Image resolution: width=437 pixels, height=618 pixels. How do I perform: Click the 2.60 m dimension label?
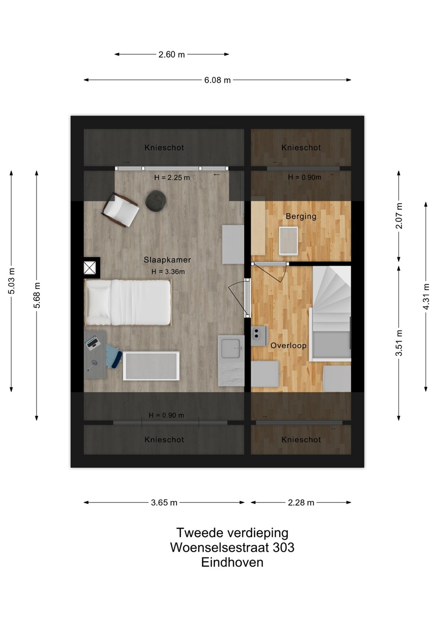point(172,55)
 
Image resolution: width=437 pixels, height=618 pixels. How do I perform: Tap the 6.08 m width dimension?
point(217,80)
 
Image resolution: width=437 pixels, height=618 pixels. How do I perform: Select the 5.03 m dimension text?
point(11,281)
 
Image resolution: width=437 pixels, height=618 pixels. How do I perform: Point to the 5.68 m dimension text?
point(36,295)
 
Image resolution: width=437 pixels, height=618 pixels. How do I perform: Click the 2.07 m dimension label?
point(399,216)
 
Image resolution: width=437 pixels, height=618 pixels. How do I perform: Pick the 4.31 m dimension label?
point(426,297)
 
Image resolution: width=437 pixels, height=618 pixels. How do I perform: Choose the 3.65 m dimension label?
point(164,503)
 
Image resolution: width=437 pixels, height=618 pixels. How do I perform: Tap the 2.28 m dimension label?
point(301,503)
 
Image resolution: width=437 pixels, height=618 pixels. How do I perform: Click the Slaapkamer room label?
point(167,260)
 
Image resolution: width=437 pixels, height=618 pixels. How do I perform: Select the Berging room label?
point(301,216)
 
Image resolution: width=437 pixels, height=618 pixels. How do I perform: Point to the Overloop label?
point(288,346)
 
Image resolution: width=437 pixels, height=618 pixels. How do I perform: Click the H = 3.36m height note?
point(168,272)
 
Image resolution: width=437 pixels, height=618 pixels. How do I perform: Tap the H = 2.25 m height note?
point(172,178)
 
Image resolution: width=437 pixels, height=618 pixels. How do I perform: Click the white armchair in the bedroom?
point(120,210)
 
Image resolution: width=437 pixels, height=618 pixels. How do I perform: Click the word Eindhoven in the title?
point(232,562)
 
